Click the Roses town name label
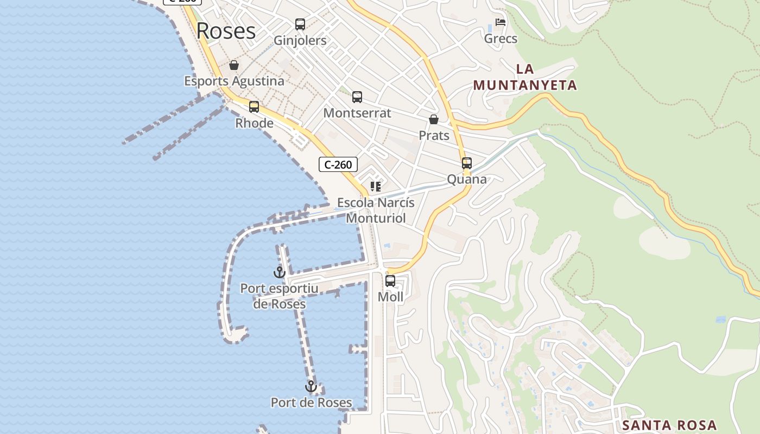(226, 31)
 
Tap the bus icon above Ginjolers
(300, 24)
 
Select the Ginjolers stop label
(300, 41)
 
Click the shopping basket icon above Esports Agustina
(234, 66)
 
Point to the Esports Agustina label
(234, 81)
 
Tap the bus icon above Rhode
(254, 107)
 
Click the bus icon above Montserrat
(357, 97)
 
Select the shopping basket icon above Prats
(434, 119)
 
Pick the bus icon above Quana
(467, 163)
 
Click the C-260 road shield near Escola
(338, 164)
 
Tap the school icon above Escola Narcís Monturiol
(375, 187)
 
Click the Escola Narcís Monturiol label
(376, 210)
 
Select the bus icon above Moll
(390, 281)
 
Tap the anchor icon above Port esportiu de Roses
(280, 272)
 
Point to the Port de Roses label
(311, 403)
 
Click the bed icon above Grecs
(501, 23)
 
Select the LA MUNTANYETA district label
(525, 77)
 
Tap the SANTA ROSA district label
(669, 425)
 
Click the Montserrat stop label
(357, 113)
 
